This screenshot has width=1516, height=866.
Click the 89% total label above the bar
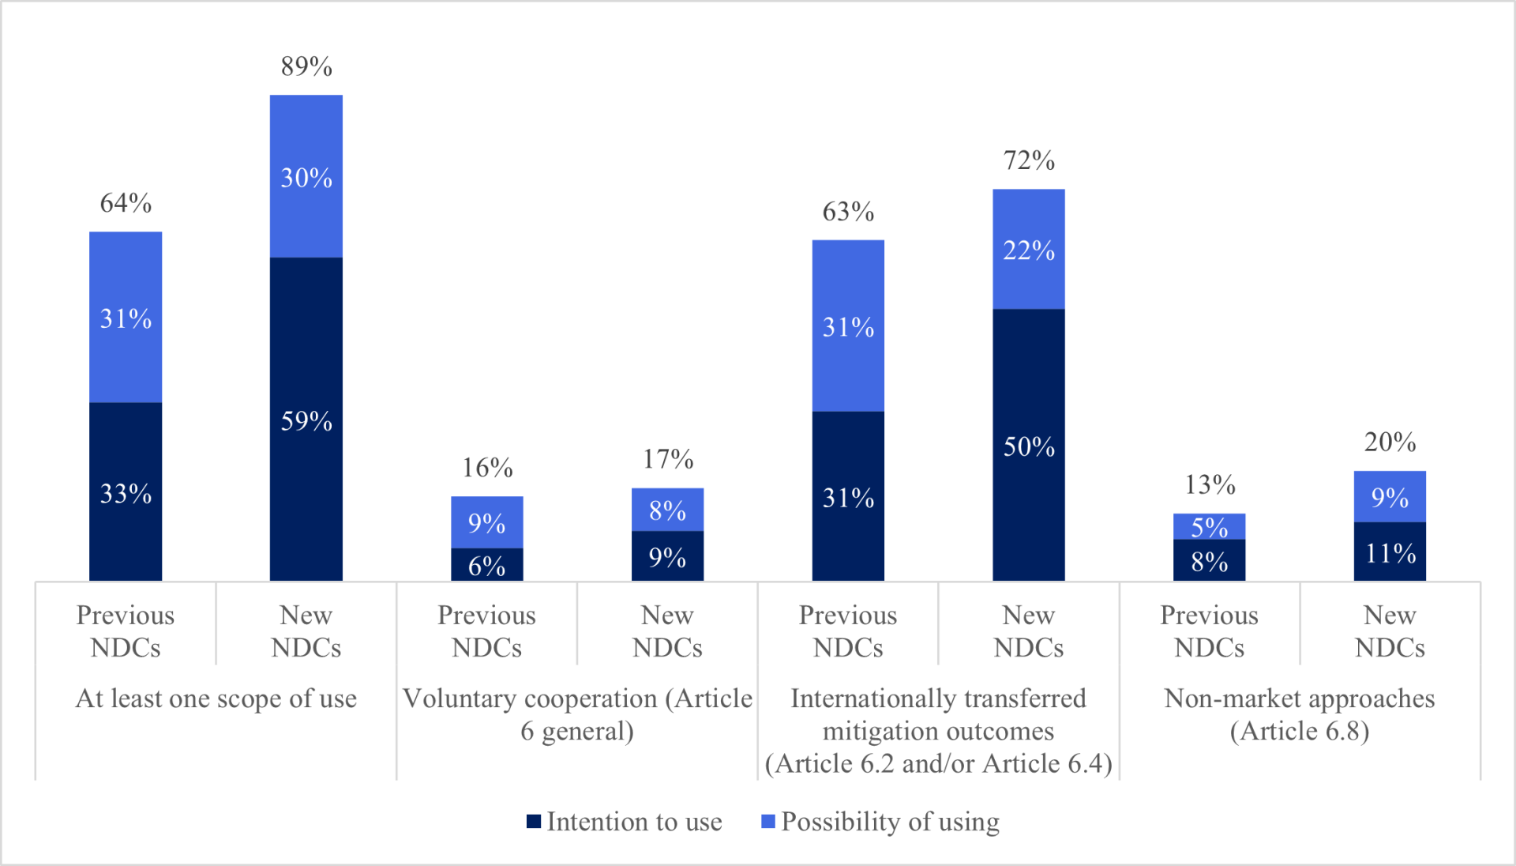point(306,66)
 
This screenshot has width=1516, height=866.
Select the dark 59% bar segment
point(306,420)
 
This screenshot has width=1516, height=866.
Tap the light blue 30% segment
point(306,176)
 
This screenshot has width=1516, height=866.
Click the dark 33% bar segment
point(126,492)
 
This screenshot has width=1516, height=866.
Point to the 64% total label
point(126,203)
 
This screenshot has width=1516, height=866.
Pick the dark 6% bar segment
point(486,565)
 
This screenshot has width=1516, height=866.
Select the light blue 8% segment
point(667,510)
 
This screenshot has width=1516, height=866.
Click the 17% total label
point(667,459)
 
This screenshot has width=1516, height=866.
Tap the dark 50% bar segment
point(1028,446)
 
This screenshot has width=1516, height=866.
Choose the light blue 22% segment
point(1028,250)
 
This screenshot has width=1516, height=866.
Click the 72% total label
point(1028,160)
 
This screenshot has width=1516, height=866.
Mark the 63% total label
point(848,212)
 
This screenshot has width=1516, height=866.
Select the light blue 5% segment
point(1209,526)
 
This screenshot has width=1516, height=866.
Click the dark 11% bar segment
point(1390,552)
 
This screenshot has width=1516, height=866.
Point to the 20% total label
point(1390,442)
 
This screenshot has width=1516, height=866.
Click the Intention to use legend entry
point(625,822)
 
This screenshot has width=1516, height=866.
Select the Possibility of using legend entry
point(880,822)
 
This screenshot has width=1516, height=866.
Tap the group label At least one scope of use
point(216,698)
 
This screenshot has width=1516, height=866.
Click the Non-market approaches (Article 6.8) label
point(1299,714)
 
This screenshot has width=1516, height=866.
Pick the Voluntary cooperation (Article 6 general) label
point(577,714)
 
